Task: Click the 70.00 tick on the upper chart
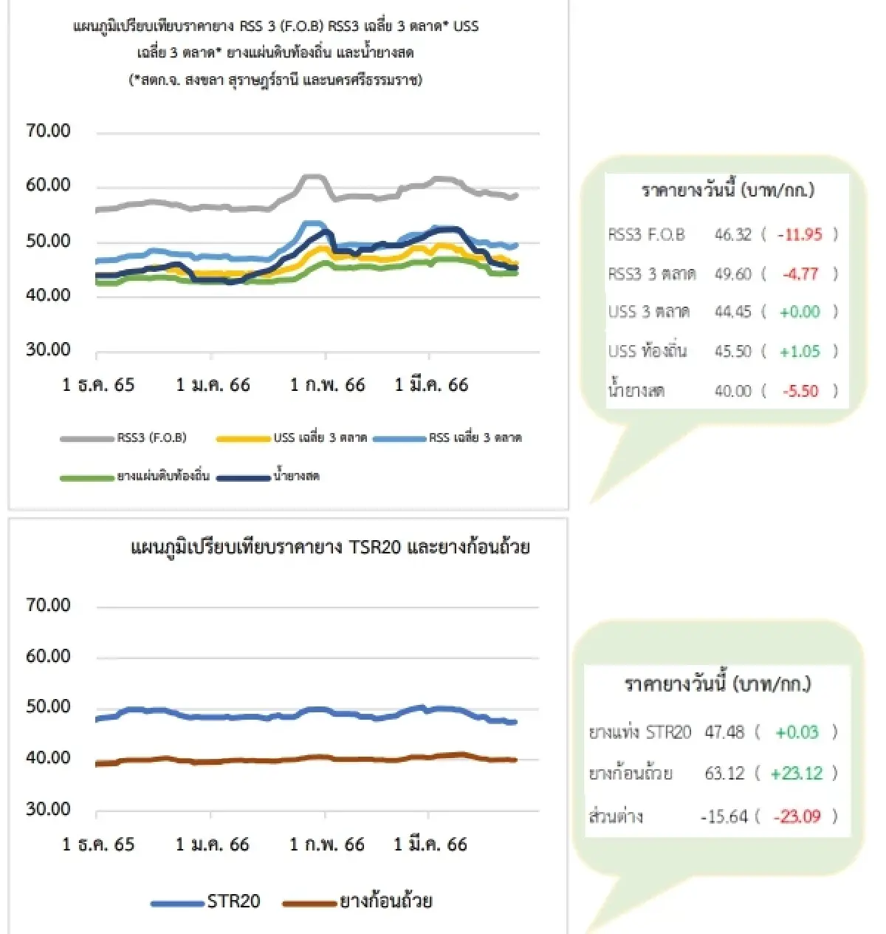[48, 131]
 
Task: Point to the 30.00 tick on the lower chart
[48, 809]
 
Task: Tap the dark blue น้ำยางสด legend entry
[296, 477]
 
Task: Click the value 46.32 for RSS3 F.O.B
[732, 235]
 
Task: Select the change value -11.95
[800, 235]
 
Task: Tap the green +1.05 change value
[800, 352]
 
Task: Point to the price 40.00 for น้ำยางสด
[732, 391]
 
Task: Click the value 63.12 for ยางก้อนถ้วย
[724, 774]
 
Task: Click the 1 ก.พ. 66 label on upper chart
[327, 385]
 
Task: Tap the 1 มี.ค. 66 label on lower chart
[430, 845]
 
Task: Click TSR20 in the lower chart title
[375, 548]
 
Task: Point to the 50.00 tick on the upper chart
[48, 241]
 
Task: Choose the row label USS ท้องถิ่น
[648, 352]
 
